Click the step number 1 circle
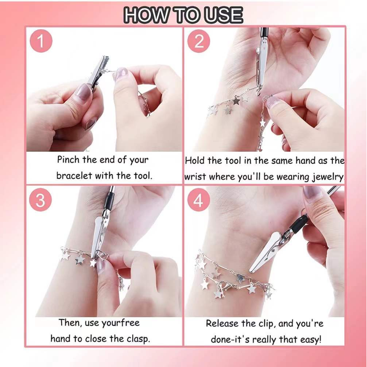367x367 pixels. [x=41, y=41]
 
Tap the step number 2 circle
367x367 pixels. [x=199, y=41]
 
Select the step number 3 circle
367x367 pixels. [x=40, y=200]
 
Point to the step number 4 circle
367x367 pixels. [x=199, y=200]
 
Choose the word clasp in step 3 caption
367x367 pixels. [x=138, y=339]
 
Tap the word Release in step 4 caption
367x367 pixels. [x=222, y=323]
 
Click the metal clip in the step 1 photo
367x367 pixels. [x=97, y=72]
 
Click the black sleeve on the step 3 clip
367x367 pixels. [x=109, y=201]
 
